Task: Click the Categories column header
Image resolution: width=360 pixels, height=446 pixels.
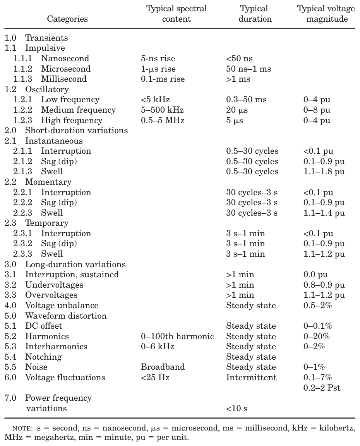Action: coord(67,19)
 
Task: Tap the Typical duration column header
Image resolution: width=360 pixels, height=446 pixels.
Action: coord(254,14)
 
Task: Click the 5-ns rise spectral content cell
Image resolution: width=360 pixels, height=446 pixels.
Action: coord(158,58)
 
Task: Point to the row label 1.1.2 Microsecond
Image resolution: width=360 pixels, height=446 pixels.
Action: coord(52,69)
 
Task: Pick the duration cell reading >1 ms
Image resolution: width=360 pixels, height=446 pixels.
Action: coord(238,79)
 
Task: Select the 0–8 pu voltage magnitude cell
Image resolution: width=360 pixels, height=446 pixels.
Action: coord(317,110)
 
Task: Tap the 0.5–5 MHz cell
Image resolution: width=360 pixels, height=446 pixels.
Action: coord(163,120)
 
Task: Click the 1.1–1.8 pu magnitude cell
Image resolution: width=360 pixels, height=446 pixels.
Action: coord(324,172)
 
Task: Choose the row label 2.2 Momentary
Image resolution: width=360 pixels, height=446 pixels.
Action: coord(38,182)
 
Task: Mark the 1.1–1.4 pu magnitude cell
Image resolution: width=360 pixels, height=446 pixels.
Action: coord(324,213)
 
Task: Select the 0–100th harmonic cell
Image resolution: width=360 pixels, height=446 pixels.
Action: coord(177,336)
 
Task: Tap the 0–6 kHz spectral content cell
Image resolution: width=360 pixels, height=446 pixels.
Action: coord(158,347)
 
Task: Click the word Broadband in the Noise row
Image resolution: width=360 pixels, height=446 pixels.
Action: coord(163,367)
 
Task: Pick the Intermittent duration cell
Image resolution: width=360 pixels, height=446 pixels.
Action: coord(251,377)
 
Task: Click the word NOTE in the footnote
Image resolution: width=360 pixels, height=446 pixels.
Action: coord(24,429)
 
